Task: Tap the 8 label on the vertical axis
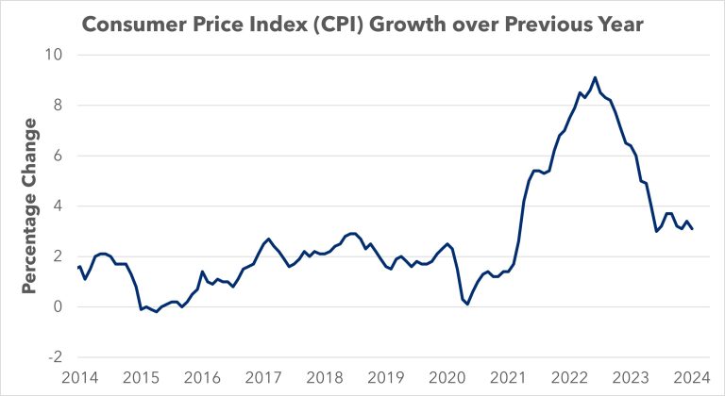point(58,106)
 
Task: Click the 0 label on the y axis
point(58,307)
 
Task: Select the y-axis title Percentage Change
point(31,206)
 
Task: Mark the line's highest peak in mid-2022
point(595,77)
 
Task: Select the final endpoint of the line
point(692,229)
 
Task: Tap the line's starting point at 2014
point(77,268)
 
